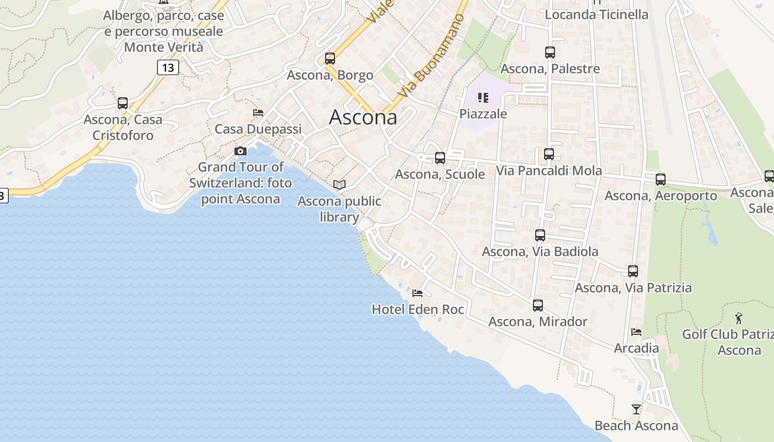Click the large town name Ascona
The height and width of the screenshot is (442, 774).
[x=363, y=117]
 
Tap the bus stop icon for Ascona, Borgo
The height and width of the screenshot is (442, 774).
[x=330, y=58]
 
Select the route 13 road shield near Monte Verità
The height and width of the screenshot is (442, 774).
[x=168, y=67]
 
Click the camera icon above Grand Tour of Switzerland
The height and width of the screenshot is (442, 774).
[x=240, y=151]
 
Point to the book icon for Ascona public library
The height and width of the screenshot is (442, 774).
[x=339, y=185]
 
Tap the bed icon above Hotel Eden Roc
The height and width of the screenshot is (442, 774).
[x=417, y=293]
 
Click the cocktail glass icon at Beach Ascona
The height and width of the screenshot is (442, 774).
[x=636, y=409]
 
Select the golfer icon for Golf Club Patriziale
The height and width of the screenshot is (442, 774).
[x=739, y=318]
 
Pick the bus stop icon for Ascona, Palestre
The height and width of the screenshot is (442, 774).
[x=550, y=52]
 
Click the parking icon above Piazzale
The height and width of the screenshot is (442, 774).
[x=483, y=98]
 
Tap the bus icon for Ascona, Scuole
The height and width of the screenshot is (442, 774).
[x=440, y=158]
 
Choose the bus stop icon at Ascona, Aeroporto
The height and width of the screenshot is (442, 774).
[x=661, y=180]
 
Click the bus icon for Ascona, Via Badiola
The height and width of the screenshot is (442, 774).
[x=540, y=235]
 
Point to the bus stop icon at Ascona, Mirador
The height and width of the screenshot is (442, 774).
[x=538, y=305]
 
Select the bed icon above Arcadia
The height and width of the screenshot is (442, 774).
[x=636, y=332]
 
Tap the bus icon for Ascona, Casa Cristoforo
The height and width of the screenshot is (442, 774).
[x=123, y=103]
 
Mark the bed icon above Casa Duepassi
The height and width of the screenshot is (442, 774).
[x=258, y=113]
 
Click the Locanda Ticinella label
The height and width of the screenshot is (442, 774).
[x=597, y=14]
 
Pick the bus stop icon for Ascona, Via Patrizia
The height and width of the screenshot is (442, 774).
[x=633, y=271]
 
